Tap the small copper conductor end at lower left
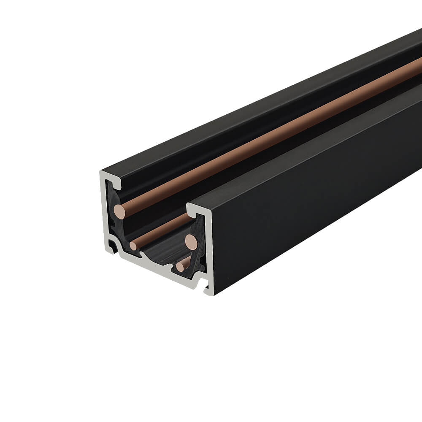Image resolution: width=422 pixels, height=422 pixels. click(133, 246)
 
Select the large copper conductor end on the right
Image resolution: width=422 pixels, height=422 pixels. click(191, 241)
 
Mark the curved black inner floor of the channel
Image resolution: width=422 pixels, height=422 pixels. click(160, 253)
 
